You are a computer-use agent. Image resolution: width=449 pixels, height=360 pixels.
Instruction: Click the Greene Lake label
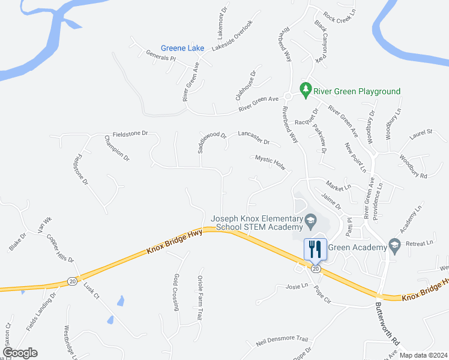182,48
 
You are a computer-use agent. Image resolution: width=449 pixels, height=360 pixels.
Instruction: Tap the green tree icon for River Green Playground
306,89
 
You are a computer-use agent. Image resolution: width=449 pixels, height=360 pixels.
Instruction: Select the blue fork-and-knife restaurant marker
315,248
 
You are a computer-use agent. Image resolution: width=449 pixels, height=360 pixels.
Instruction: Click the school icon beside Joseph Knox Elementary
310,220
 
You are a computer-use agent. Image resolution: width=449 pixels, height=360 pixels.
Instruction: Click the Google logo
20,353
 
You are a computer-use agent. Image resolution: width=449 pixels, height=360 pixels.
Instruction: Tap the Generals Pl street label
160,56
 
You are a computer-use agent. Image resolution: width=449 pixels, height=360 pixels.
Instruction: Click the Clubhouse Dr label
245,85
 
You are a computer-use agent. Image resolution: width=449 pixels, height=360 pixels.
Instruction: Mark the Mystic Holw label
270,160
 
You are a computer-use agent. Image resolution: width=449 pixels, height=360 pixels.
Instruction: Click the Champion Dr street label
117,148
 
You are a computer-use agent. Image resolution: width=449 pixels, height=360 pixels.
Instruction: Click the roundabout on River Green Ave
288,97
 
